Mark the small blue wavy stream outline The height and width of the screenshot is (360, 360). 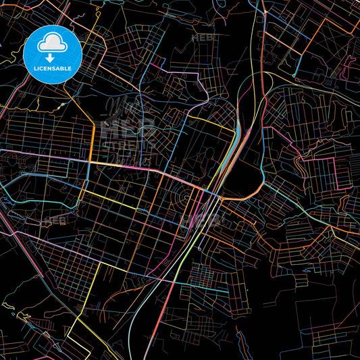tap(14, 307)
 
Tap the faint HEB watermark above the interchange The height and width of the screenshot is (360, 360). tap(203, 38)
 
